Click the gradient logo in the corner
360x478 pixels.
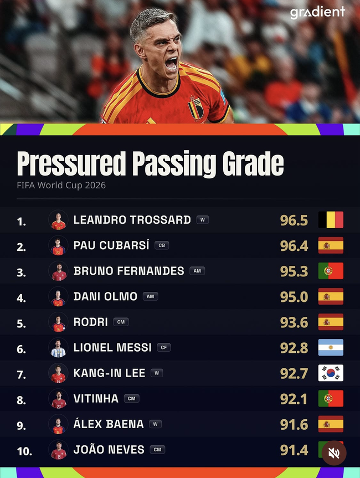tap(317, 13)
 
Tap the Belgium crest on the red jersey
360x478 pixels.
tap(196, 108)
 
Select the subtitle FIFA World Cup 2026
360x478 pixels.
tap(61, 186)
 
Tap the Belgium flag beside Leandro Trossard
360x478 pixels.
tap(331, 220)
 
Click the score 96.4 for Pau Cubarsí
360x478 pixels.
tap(294, 246)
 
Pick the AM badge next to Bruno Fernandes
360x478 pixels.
tap(197, 271)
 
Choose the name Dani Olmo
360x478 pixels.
tap(105, 296)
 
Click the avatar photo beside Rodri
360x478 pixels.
tap(58, 322)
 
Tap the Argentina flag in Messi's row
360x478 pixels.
tap(331, 347)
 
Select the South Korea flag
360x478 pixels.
tap(331, 373)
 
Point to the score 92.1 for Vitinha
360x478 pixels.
tap(294, 399)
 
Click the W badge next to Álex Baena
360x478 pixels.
tap(156, 424)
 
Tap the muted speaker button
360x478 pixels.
tap(334, 453)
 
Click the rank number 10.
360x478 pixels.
tap(24, 451)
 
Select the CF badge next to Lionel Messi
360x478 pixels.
tap(164, 347)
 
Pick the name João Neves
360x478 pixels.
tap(109, 449)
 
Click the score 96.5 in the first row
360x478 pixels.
tap(294, 220)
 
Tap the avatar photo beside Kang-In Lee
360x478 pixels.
tap(58, 373)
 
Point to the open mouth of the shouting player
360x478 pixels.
tap(171, 64)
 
